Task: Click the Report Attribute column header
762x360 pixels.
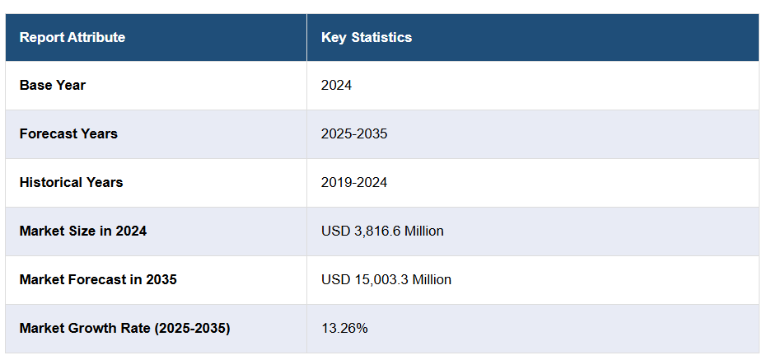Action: [72, 37]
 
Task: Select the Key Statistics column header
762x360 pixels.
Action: [367, 37]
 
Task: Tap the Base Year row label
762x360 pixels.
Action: [53, 85]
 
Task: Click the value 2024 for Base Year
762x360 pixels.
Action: [336, 85]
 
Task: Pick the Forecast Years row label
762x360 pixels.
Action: [68, 133]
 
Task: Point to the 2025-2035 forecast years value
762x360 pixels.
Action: [354, 133]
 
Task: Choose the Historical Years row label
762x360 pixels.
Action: [71, 182]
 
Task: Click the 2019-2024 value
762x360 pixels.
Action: [354, 182]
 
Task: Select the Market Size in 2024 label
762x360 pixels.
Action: [83, 231]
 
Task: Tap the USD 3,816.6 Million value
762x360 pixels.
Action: [382, 231]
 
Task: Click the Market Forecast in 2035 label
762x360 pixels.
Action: [98, 279]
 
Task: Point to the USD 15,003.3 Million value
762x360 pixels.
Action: [386, 279]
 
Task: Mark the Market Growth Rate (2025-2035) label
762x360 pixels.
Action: [124, 328]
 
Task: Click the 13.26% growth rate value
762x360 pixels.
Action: [344, 328]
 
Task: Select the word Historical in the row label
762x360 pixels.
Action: [51, 182]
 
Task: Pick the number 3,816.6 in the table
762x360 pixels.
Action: [376, 231]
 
